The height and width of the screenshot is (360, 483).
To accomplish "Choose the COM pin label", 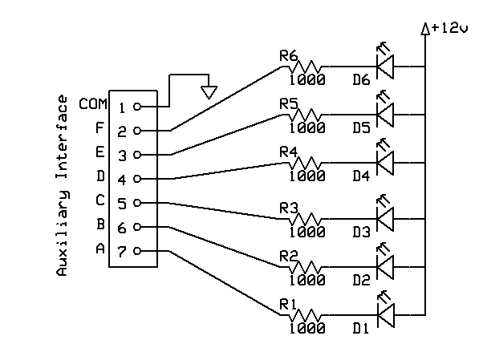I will point(92,104).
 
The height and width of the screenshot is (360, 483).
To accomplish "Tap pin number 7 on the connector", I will point(123,252).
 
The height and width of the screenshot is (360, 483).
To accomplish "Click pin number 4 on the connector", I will point(123,179).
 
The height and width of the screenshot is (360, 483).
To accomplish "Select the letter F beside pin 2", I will point(99,128).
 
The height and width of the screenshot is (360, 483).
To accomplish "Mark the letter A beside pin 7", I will point(99,249).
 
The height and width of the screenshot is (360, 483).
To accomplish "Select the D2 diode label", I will point(361,280).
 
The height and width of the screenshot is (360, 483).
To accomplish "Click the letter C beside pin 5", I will point(99,200).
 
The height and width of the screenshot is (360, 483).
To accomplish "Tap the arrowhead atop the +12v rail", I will point(425,30).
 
